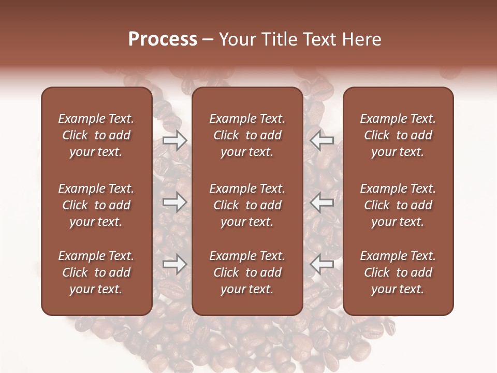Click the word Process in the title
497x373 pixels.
(x=163, y=39)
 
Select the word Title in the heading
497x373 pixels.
(x=279, y=39)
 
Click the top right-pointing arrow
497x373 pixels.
(x=175, y=140)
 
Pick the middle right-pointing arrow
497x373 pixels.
(x=175, y=202)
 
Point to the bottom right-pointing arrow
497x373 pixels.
(x=175, y=265)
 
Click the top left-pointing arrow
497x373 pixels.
(x=322, y=140)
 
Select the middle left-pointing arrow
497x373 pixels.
(x=322, y=202)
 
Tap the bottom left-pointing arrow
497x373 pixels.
(x=322, y=265)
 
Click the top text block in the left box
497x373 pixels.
(x=96, y=135)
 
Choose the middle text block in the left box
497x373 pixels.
(x=96, y=205)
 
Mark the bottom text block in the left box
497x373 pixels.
(x=96, y=272)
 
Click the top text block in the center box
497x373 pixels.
(x=247, y=135)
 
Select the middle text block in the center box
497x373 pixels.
(x=247, y=205)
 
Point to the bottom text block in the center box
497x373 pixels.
(x=247, y=272)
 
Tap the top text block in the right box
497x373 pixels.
(x=398, y=135)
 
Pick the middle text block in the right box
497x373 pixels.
(x=398, y=205)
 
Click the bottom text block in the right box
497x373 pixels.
(x=398, y=272)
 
